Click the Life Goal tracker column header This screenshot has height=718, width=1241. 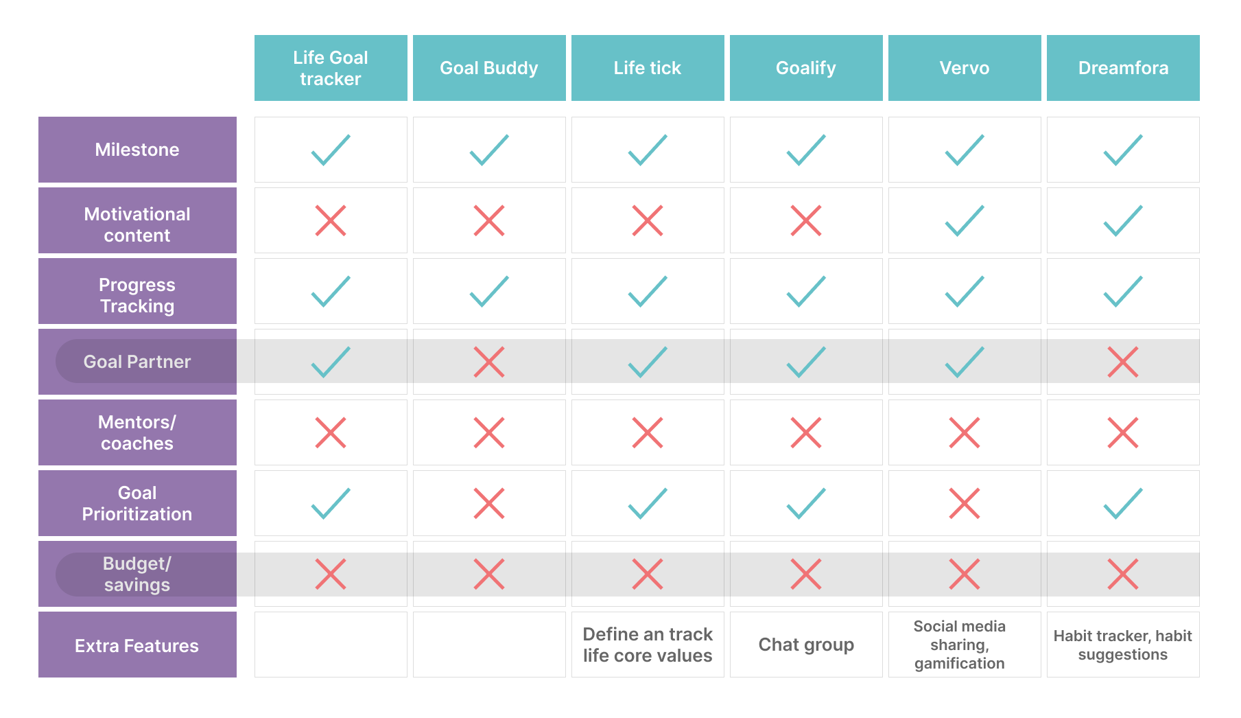tap(331, 68)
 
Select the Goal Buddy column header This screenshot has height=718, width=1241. tap(489, 68)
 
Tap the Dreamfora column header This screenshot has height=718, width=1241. tap(1123, 68)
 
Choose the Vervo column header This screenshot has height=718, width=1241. tap(965, 68)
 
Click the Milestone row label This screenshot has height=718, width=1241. tap(137, 150)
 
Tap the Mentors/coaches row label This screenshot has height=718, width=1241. tap(137, 432)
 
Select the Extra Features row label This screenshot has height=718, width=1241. tap(137, 645)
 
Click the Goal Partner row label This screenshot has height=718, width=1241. tap(137, 362)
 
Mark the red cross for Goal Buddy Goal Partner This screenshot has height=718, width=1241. tap(489, 362)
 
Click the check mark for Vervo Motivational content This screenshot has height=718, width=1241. tap(965, 220)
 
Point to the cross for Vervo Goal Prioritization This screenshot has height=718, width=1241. tap(965, 503)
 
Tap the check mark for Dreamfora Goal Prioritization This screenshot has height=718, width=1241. tap(1123, 503)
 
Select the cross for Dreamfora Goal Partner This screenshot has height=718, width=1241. tap(1123, 362)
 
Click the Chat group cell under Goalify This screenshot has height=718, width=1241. tap(806, 645)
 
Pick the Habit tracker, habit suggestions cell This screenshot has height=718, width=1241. tap(1123, 645)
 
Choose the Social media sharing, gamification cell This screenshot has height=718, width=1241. tap(960, 645)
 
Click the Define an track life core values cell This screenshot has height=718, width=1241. tap(648, 645)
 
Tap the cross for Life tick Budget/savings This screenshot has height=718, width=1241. tap(648, 574)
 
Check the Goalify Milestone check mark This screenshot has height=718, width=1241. tap(806, 150)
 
